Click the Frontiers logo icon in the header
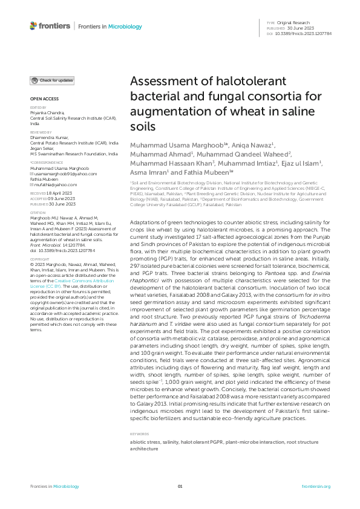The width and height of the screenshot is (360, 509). (x=33, y=26)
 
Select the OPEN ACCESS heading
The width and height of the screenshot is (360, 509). (x=44, y=99)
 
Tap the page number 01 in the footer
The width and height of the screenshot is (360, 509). (x=180, y=487)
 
